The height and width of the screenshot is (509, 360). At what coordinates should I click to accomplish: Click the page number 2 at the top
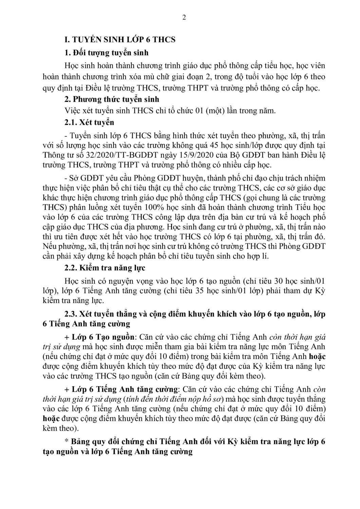tap(184, 18)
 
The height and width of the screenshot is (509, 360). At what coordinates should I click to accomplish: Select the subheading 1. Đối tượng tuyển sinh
tap(106, 53)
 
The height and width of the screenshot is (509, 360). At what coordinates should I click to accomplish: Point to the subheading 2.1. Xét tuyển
tap(89, 122)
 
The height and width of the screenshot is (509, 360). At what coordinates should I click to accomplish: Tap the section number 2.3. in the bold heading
tap(71, 314)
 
